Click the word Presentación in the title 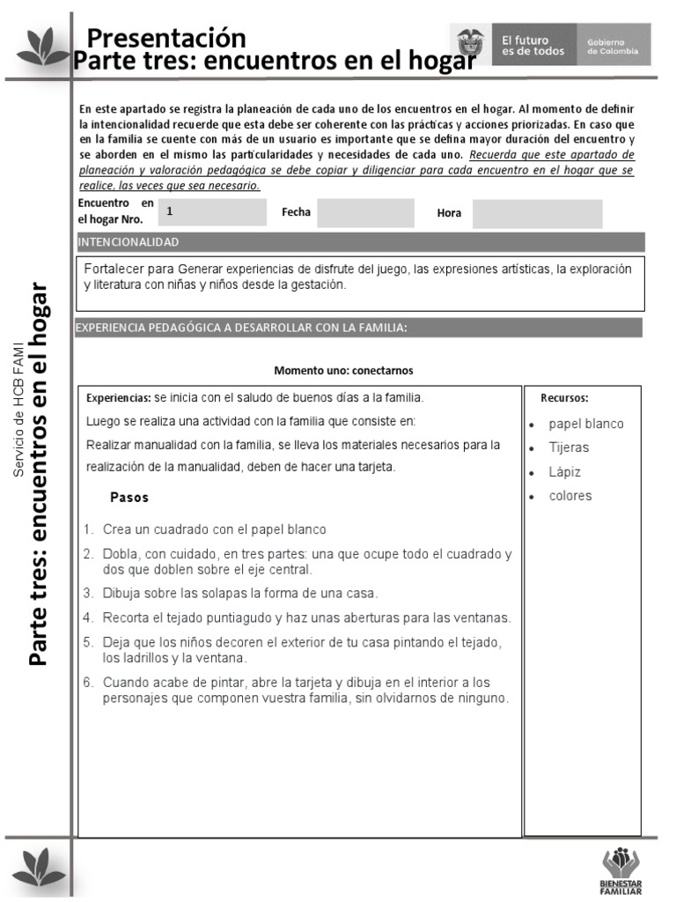[166, 38]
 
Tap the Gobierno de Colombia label [613, 46]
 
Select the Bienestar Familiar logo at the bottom [621, 871]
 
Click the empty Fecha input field [364, 213]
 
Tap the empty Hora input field [537, 214]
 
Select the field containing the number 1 [211, 212]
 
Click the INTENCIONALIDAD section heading [129, 241]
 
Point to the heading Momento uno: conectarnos [343, 371]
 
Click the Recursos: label [564, 398]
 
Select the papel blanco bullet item [585, 424]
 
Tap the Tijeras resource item [569, 447]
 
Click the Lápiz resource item [565, 472]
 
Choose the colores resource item [570, 496]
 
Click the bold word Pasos [129, 498]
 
